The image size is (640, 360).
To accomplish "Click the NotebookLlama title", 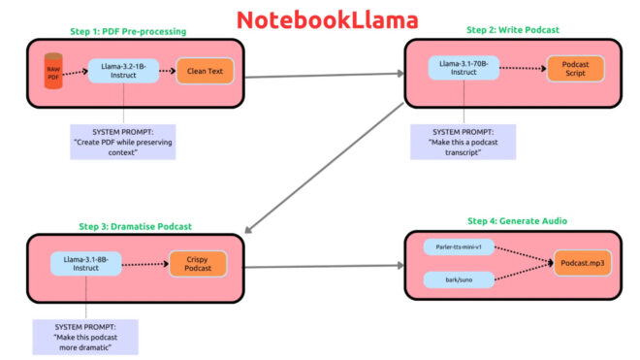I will point(319,19).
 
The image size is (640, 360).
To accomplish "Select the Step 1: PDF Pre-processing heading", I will point(128,32).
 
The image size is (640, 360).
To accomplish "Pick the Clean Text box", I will point(205,71).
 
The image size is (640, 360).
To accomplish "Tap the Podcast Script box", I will point(576,68).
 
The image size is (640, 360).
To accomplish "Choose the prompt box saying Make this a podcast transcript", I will point(463,141).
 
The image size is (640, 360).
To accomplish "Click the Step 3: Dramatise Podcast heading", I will point(136,226).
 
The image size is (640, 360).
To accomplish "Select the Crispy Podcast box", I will point(198,264).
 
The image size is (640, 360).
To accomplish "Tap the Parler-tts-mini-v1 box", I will point(460,247).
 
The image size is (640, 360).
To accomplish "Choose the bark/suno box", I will point(460,280).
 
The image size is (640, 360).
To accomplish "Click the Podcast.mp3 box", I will point(582,264).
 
